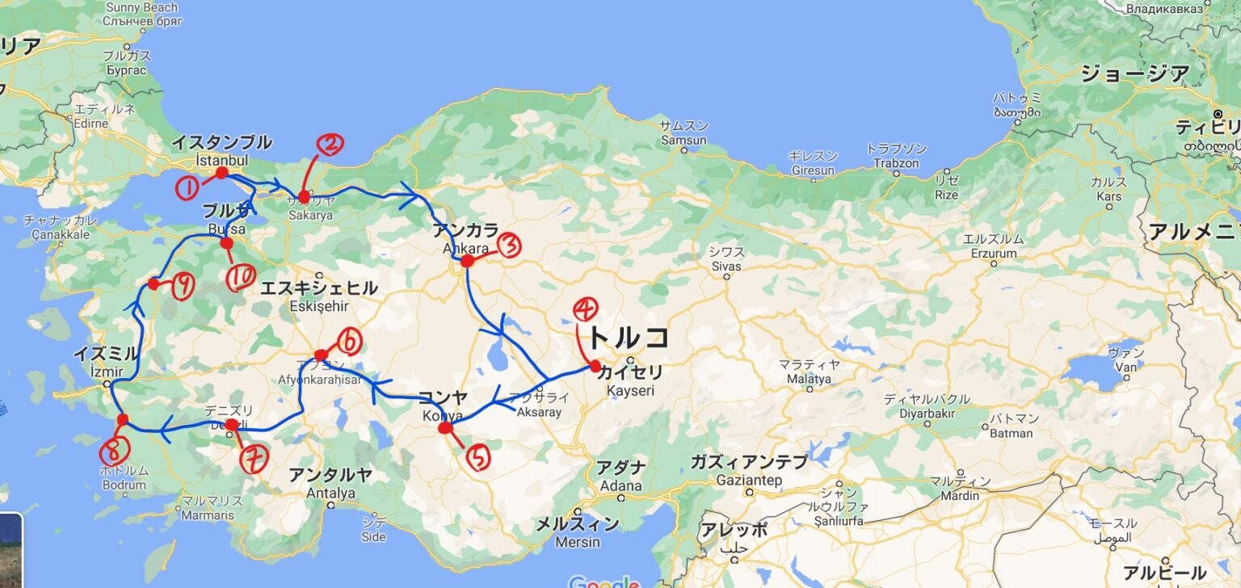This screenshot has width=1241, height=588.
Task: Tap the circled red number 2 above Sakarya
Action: pyautogui.click(x=330, y=145)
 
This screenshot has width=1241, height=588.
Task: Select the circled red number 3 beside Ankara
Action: pyautogui.click(x=511, y=246)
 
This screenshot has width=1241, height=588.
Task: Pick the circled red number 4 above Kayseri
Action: pyautogui.click(x=586, y=309)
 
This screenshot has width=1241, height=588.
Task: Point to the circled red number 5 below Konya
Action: pyautogui.click(x=478, y=458)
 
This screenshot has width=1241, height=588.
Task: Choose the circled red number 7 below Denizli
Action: pyautogui.click(x=253, y=460)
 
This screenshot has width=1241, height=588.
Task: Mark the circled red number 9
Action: pyautogui.click(x=183, y=287)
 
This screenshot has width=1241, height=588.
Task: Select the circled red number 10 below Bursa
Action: pyautogui.click(x=241, y=279)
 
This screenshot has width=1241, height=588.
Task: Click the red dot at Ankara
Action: pyautogui.click(x=467, y=261)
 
